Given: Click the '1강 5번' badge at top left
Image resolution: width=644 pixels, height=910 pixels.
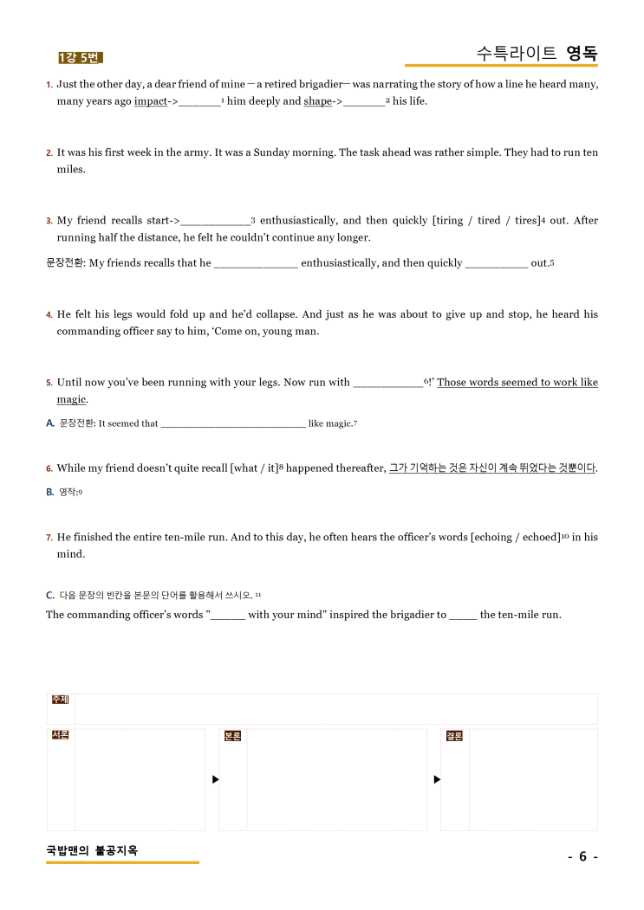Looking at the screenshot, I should point(80,58).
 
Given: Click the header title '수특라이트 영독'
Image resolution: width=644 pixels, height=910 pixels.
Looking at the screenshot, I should point(537,53).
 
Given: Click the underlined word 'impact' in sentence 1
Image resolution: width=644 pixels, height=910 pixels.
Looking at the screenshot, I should point(151,101).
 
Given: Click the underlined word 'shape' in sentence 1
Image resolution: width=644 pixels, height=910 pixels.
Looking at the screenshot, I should point(317,101).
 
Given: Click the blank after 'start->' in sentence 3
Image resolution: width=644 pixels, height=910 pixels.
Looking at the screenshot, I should point(215,222).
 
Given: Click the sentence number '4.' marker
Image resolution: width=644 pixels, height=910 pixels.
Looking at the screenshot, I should point(49,315).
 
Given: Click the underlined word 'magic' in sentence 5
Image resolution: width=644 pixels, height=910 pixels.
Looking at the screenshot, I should point(71,399).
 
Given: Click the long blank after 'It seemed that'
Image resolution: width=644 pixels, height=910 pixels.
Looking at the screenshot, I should point(233,424).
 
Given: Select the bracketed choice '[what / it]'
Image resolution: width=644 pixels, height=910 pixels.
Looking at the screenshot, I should point(254,468).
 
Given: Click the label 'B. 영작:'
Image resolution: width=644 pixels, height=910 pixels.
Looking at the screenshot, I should point(64,492).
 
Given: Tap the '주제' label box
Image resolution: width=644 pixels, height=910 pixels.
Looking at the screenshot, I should point(60,700).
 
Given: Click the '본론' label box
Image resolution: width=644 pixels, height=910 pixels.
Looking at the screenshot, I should point(232,736).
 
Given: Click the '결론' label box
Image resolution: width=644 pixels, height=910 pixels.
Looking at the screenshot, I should point(454,736).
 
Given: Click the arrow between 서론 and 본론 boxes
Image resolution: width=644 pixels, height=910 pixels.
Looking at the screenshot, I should point(215,779).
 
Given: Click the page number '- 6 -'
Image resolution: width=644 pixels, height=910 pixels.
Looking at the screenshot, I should point(582,857).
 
